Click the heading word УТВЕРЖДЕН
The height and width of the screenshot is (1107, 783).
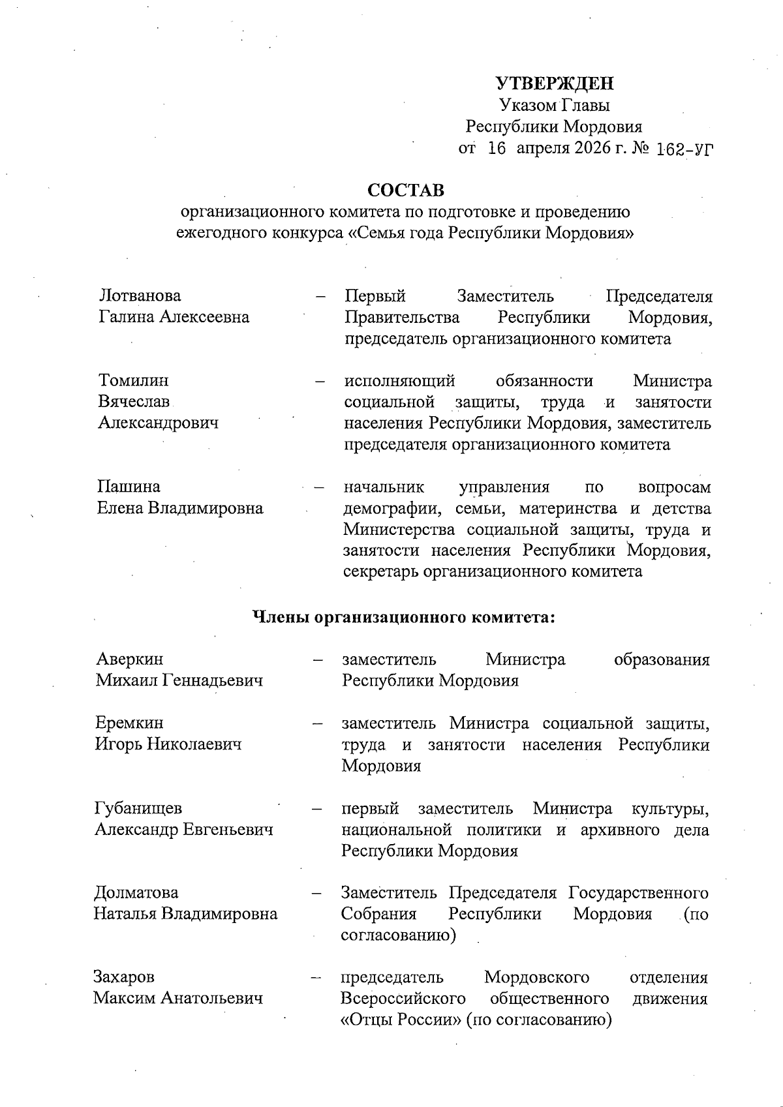[x=555, y=83]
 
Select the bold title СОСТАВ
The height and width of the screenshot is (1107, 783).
[x=406, y=190]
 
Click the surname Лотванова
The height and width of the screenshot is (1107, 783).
[x=140, y=296]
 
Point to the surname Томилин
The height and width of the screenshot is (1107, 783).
[x=133, y=380]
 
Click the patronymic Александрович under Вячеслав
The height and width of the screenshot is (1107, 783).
[x=158, y=423]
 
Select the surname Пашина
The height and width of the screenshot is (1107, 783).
[x=129, y=487]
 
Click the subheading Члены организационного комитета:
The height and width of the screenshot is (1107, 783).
[x=403, y=616]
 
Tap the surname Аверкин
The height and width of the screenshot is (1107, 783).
[x=129, y=660]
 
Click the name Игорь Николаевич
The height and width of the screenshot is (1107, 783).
[x=168, y=744]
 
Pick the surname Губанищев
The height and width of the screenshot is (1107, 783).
[x=138, y=809]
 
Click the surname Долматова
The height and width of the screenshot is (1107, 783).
[x=136, y=892]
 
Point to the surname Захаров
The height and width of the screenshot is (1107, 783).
[x=124, y=977]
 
